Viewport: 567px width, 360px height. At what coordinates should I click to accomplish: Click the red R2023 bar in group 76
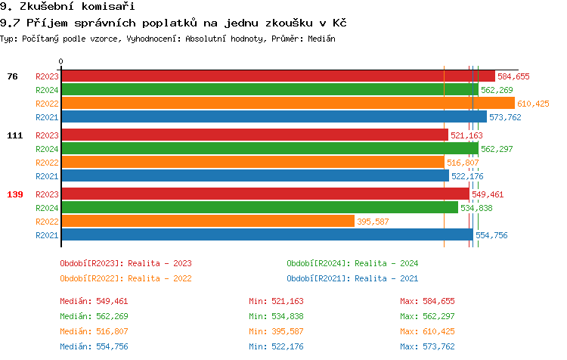[277, 76]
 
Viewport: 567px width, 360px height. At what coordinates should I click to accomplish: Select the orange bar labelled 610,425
[287, 104]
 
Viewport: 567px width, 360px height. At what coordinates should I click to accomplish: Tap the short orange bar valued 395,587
[208, 221]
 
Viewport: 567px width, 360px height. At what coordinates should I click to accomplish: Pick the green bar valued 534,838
[259, 207]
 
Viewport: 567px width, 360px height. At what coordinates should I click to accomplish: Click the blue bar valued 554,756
[267, 234]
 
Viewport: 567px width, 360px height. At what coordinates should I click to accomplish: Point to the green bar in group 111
[270, 148]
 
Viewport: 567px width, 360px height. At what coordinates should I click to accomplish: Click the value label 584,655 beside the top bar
[513, 76]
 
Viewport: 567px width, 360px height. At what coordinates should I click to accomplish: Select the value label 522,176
[467, 176]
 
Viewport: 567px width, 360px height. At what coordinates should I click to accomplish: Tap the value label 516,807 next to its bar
[463, 163]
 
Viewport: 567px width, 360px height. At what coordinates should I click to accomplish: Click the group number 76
[12, 76]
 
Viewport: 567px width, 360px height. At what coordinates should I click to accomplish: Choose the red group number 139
[15, 194]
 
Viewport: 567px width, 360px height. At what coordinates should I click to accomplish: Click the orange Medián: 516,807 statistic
[94, 331]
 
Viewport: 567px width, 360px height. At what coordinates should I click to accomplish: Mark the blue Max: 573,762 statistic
[427, 346]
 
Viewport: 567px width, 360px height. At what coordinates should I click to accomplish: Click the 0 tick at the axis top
[61, 61]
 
